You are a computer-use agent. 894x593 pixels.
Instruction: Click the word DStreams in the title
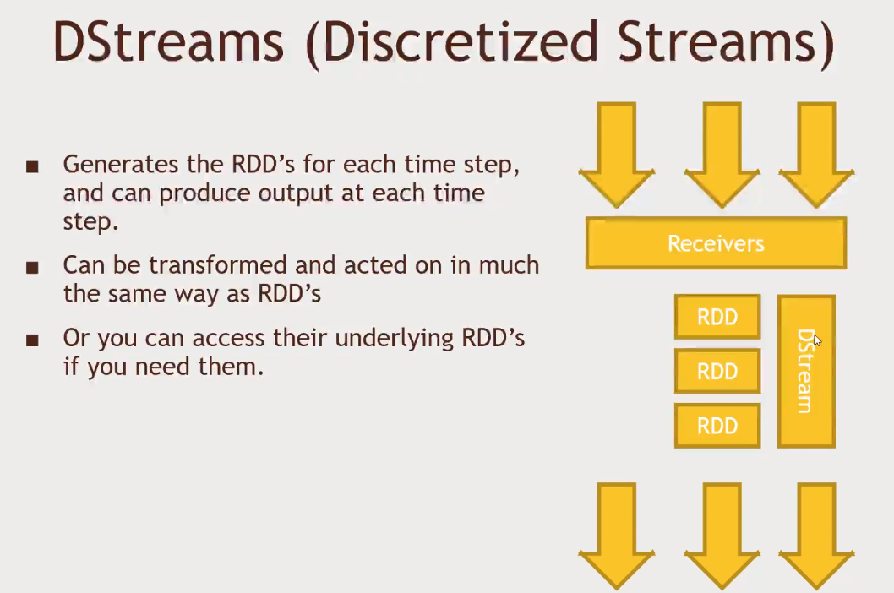(x=169, y=42)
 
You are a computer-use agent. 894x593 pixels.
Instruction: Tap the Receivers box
(x=716, y=243)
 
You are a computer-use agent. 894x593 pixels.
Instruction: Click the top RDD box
(x=717, y=317)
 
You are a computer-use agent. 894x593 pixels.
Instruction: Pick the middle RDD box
(x=717, y=371)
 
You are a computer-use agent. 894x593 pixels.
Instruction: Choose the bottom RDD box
(x=717, y=426)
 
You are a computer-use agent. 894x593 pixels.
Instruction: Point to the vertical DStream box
(x=806, y=371)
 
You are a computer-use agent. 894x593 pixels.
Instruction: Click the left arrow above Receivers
(x=616, y=154)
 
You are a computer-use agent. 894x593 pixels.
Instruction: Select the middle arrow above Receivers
(x=722, y=154)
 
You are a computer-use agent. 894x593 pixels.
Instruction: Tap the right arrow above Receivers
(x=816, y=154)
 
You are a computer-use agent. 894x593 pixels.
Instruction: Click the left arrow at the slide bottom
(x=616, y=536)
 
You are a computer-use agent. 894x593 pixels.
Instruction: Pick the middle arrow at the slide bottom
(x=722, y=536)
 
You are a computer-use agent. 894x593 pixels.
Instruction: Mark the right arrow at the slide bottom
(x=816, y=536)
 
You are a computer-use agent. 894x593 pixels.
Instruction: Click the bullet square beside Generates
(x=32, y=166)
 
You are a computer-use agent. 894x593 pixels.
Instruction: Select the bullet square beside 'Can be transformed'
(x=32, y=268)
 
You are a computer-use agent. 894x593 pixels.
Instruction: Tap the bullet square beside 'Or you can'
(x=32, y=340)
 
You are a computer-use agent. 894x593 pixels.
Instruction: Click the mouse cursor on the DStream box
(x=818, y=340)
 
